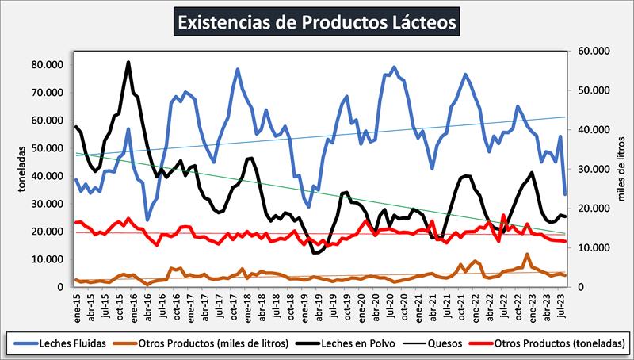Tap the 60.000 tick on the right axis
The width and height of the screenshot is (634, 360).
pyautogui.click(x=595, y=52)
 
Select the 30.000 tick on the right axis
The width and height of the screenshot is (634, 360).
pyautogui.click(x=595, y=169)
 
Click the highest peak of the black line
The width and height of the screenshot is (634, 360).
pyautogui.click(x=128, y=62)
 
